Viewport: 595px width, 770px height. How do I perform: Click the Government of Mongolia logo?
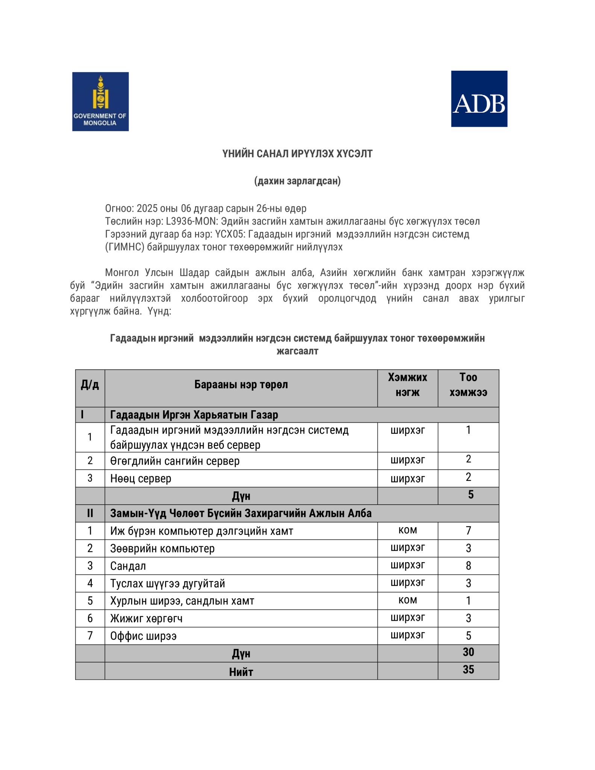click(100, 102)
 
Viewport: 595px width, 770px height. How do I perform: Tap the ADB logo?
click(479, 99)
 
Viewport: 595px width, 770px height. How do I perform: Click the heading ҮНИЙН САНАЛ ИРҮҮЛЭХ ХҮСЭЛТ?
click(297, 154)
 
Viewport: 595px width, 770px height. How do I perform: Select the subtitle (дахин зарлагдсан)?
click(297, 181)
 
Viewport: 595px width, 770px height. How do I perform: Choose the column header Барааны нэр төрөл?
click(241, 385)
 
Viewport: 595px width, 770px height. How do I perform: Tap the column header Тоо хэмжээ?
click(468, 385)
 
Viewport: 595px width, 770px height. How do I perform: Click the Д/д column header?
click(90, 385)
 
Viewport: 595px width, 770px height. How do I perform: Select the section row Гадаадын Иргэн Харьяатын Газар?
click(194, 415)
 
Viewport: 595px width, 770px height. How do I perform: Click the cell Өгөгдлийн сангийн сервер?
click(175, 461)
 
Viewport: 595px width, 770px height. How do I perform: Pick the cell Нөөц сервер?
click(141, 479)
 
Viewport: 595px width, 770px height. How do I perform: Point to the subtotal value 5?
click(471, 495)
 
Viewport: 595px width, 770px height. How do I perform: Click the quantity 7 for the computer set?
click(468, 531)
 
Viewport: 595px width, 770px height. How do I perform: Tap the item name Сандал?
click(128, 566)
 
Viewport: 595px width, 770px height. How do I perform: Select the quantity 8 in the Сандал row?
click(468, 565)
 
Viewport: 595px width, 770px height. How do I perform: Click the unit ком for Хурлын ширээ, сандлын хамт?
click(407, 600)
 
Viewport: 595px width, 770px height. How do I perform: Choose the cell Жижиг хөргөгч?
click(146, 618)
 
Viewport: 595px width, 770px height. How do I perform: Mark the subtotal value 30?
click(468, 652)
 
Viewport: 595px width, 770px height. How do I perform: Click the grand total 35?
click(468, 670)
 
